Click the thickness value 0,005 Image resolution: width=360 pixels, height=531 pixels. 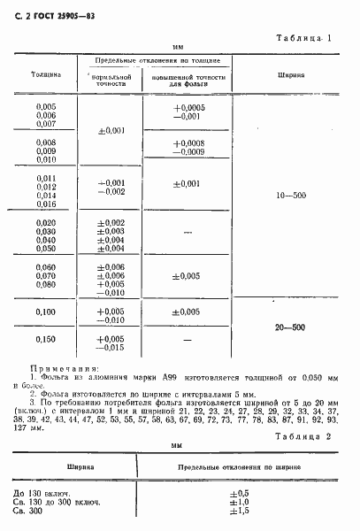click(x=45, y=108)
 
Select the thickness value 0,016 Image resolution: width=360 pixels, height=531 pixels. click(x=45, y=204)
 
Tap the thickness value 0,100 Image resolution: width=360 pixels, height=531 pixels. click(x=45, y=312)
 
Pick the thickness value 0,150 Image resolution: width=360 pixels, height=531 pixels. click(x=45, y=339)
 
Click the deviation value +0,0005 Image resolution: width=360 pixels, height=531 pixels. click(x=190, y=108)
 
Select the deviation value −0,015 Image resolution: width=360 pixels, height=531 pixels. click(x=112, y=347)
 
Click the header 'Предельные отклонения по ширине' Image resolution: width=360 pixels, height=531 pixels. click(x=234, y=466)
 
